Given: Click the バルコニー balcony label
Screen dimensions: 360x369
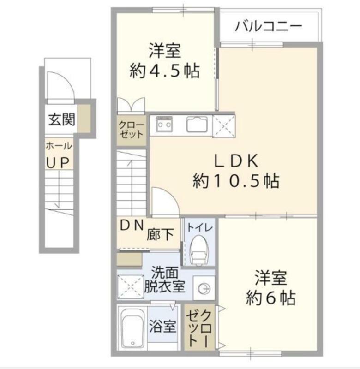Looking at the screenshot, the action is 269,26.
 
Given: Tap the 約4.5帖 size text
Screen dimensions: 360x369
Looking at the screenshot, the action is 165,71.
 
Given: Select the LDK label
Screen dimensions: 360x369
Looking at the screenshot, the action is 236,161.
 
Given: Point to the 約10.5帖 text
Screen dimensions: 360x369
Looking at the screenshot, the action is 236,181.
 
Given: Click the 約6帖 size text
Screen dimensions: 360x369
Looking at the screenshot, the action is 271,298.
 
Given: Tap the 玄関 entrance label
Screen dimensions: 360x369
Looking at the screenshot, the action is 62,119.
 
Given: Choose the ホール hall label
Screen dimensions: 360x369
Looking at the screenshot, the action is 59,146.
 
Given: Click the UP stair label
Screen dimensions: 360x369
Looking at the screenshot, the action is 58,163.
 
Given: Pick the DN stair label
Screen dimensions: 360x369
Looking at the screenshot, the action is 132,226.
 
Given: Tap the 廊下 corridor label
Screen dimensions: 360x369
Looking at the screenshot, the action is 160,234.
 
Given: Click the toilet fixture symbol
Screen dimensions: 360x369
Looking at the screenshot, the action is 199,250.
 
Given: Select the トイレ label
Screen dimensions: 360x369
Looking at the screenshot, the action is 200,227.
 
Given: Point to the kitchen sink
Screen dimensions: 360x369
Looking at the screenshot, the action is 197,124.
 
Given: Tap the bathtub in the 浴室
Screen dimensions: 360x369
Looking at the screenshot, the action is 132,328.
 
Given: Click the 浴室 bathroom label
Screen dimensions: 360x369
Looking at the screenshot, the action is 163,326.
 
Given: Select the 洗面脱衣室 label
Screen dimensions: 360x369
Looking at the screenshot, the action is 165,280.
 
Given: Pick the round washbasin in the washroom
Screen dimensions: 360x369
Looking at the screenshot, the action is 204,288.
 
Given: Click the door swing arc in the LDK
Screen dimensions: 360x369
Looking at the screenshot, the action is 170,194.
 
